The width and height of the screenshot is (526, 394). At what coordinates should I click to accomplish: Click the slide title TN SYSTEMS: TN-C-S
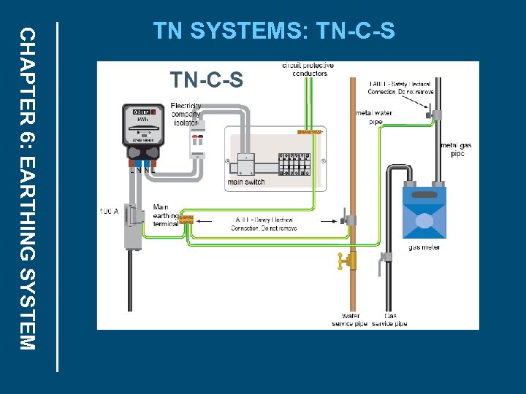(x=273, y=31)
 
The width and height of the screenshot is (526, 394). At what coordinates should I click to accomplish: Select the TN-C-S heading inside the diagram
(x=206, y=80)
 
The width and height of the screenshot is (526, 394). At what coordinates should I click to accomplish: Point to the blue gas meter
(x=424, y=213)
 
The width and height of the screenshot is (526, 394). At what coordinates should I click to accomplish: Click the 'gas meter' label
(x=424, y=247)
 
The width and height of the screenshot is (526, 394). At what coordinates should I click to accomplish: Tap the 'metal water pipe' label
(x=373, y=117)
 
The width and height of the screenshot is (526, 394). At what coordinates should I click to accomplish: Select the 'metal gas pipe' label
(x=457, y=150)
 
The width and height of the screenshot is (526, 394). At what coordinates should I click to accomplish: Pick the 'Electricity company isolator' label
(x=186, y=114)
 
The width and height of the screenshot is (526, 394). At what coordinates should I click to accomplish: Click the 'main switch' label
(x=246, y=182)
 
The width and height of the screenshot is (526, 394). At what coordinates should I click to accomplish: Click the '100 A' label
(x=109, y=212)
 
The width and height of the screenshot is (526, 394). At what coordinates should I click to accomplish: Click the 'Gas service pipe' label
(x=389, y=320)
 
